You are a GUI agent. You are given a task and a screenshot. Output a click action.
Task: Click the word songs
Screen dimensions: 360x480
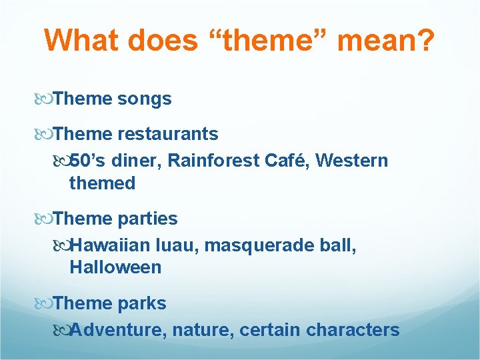tap(144, 99)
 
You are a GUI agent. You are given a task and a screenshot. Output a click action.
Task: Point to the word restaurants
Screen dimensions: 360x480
tap(167, 134)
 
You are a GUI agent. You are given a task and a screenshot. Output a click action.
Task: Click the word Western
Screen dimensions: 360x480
tap(351, 161)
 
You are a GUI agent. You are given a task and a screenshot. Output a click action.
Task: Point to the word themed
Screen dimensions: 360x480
tap(102, 183)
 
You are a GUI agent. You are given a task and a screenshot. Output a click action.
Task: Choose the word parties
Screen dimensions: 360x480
tap(147, 219)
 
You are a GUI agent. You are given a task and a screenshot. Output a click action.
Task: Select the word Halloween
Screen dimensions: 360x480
tap(115, 268)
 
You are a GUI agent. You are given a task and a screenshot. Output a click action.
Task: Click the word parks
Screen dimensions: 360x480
tap(142, 303)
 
